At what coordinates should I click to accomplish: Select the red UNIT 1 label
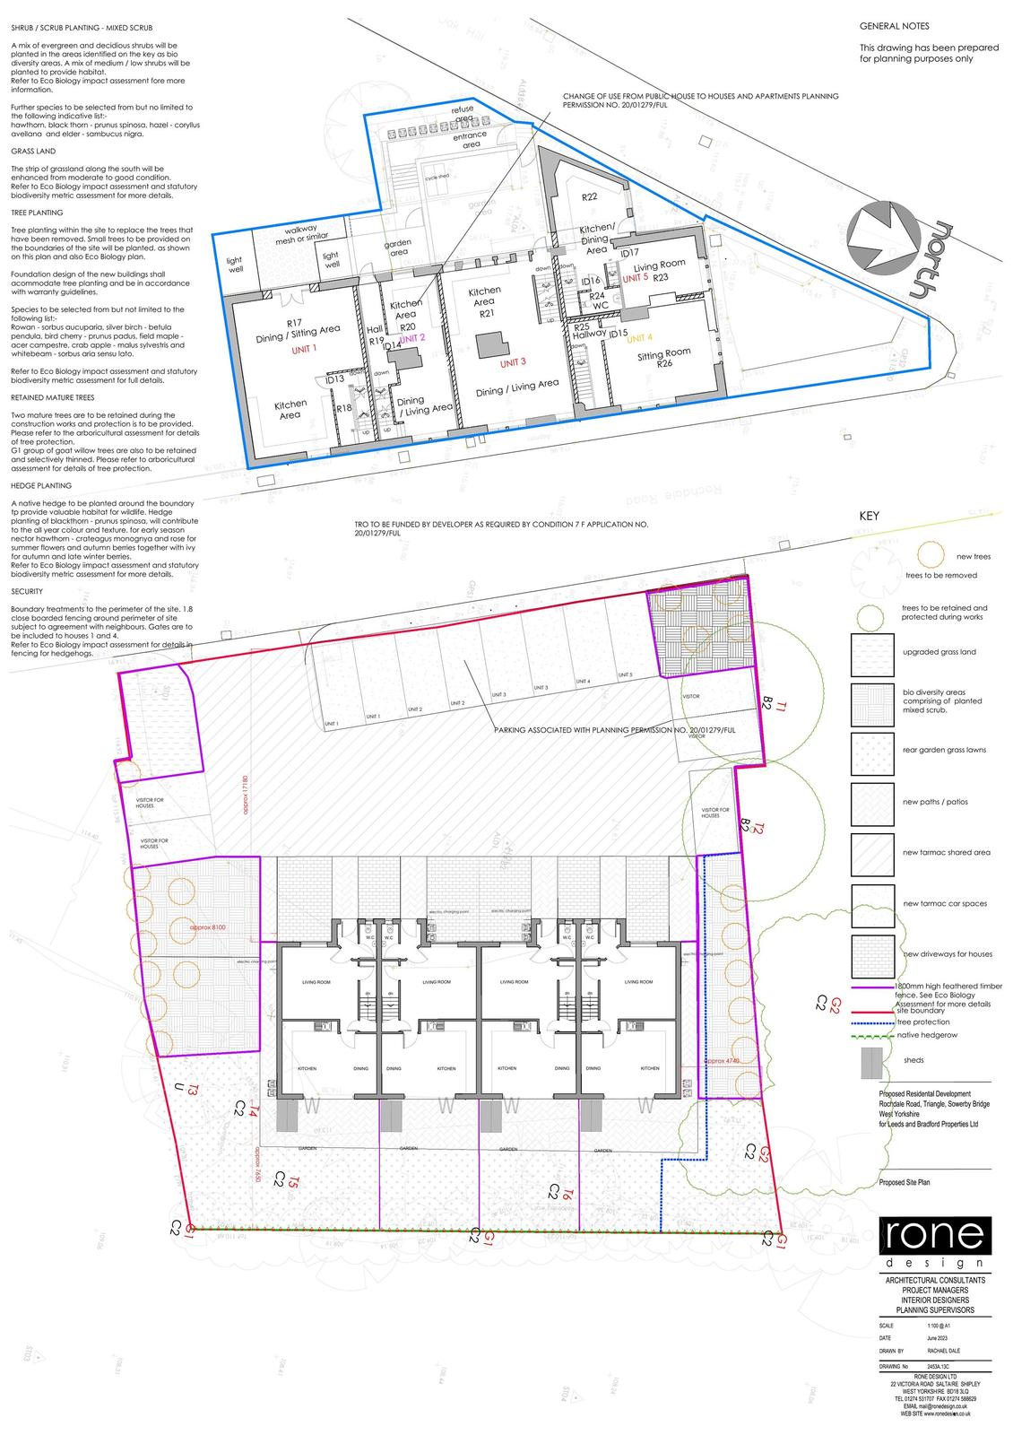click(305, 349)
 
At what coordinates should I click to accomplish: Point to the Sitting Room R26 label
click(663, 359)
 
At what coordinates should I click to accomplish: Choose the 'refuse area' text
click(463, 113)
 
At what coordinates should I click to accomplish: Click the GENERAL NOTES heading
click(894, 27)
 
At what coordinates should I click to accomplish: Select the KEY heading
click(869, 517)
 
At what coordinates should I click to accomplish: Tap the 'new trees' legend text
click(974, 557)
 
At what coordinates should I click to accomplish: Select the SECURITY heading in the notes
click(28, 592)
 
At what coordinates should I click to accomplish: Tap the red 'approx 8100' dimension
click(208, 927)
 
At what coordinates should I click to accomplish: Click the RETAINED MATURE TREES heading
click(53, 397)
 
